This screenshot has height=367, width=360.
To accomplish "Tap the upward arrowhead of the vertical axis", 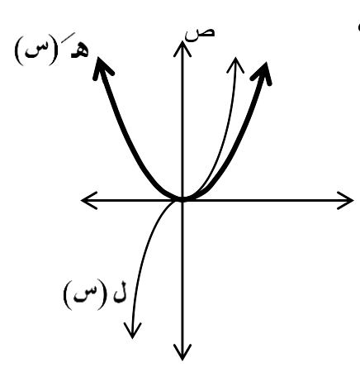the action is [x=182, y=48].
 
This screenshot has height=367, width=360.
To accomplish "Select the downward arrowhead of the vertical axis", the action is [x=182, y=352].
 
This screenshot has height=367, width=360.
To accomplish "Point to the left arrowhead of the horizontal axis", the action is [x=88, y=200].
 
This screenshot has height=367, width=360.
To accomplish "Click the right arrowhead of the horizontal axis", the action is [x=346, y=200].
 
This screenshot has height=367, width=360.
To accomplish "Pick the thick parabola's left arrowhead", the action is [x=102, y=68].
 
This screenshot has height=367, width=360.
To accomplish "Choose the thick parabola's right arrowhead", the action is [x=262, y=74].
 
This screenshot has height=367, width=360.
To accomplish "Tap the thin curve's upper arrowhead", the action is [x=235, y=64].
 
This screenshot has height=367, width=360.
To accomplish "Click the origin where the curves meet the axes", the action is [x=182, y=200].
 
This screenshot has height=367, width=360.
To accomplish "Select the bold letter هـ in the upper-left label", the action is [x=80, y=51].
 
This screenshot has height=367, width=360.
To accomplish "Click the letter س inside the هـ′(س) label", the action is [x=36, y=50].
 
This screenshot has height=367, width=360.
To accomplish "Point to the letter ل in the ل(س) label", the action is [x=121, y=293].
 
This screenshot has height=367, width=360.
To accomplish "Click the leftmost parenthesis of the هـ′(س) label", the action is [x=18, y=51].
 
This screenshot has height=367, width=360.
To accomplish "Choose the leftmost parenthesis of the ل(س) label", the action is [x=68, y=294].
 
